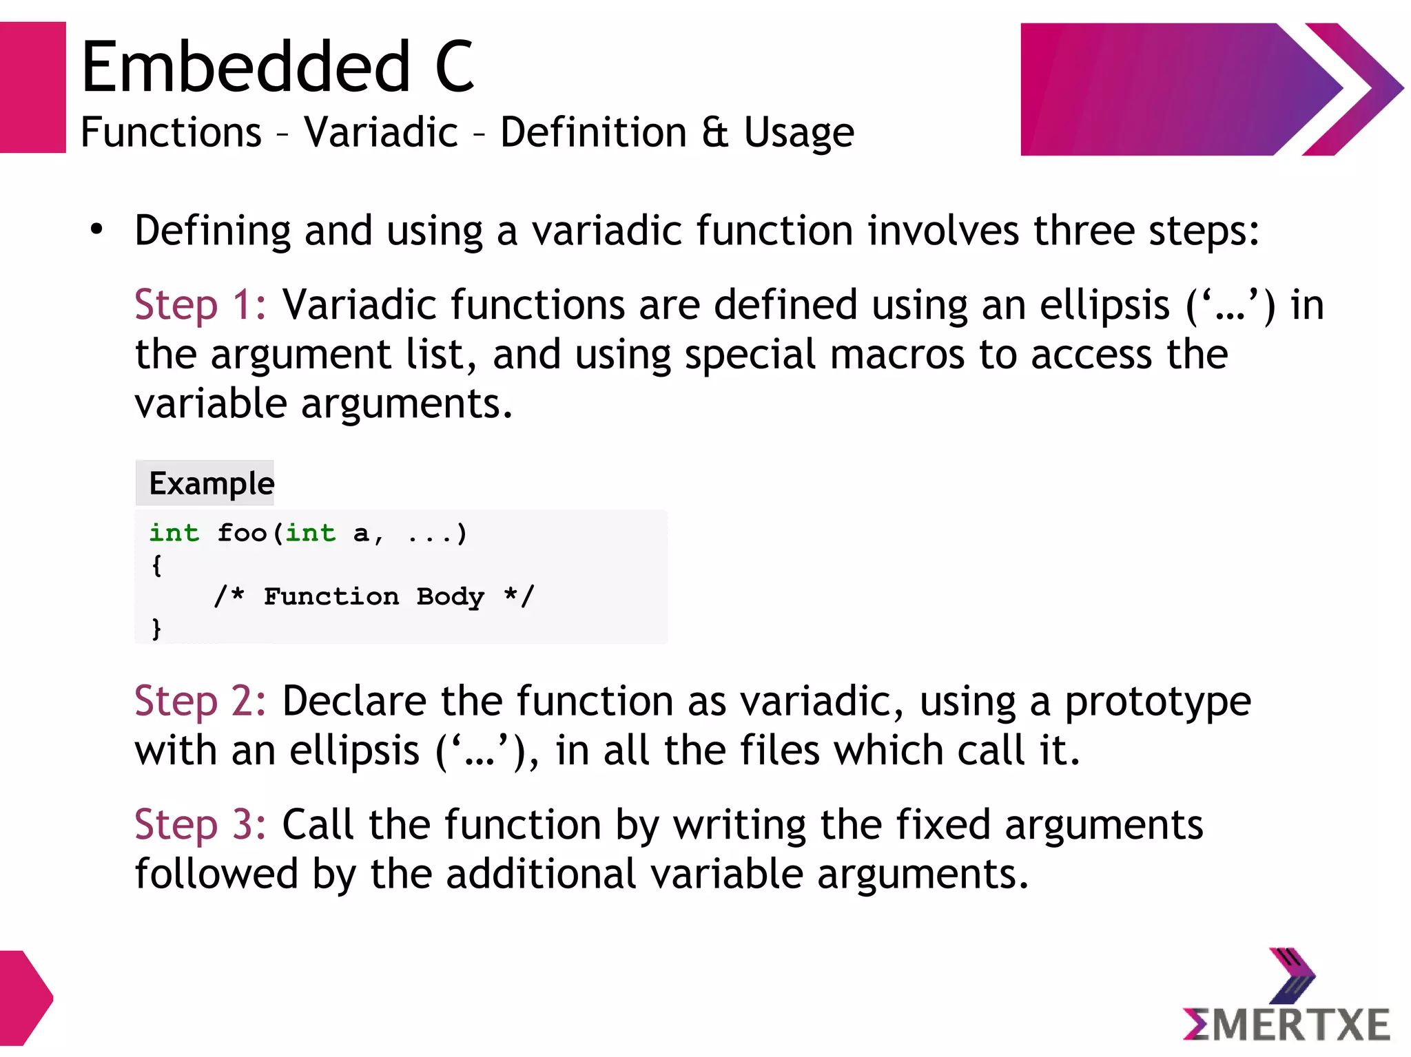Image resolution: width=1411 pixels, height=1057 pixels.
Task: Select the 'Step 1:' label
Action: click(x=200, y=304)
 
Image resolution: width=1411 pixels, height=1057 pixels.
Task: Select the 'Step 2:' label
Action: click(x=200, y=701)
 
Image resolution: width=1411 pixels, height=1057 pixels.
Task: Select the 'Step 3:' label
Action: click(x=200, y=824)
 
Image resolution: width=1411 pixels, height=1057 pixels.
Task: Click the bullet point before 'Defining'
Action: click(x=96, y=230)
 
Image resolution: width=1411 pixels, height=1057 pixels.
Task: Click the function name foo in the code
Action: click(x=242, y=533)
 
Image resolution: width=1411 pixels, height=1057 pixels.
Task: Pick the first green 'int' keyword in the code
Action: click(x=174, y=533)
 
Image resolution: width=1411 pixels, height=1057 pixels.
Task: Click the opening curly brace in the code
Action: click(x=156, y=565)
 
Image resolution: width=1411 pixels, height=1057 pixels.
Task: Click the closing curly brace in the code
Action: click(x=156, y=628)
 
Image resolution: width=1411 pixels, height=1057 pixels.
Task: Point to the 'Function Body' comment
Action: click(x=373, y=596)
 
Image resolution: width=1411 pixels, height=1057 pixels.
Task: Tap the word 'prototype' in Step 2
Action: click(x=1157, y=702)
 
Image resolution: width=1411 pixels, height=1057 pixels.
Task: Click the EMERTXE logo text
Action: click(x=1287, y=1025)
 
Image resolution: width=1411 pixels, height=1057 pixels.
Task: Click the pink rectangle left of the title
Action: click(x=32, y=87)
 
